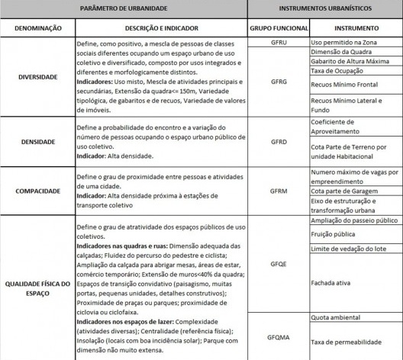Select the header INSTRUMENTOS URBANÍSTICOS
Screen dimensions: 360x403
point(326,8)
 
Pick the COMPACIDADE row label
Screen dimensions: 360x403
point(37,190)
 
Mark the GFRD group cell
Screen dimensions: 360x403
point(278,140)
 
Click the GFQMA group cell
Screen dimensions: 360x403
point(278,336)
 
